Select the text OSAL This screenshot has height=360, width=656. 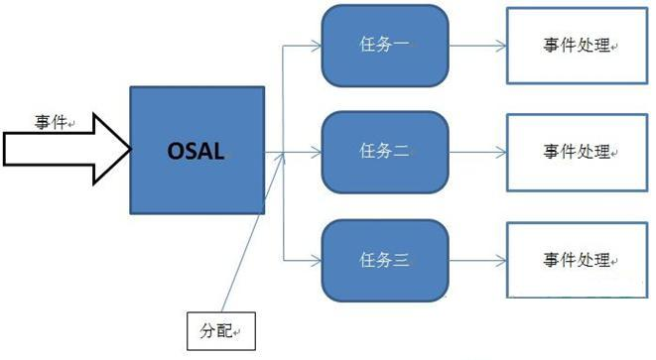[x=197, y=152]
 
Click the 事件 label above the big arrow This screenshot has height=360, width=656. [x=51, y=122]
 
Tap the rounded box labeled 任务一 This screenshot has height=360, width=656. [x=382, y=46]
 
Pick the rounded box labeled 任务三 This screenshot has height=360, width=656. [x=382, y=260]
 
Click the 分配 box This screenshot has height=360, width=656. [x=221, y=330]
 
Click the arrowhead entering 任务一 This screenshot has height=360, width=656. [x=316, y=46]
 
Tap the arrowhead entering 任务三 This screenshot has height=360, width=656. [x=316, y=260]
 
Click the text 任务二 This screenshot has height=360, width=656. [x=382, y=152]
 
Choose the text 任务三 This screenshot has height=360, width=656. [x=382, y=260]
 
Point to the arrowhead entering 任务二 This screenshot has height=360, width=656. [x=316, y=152]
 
